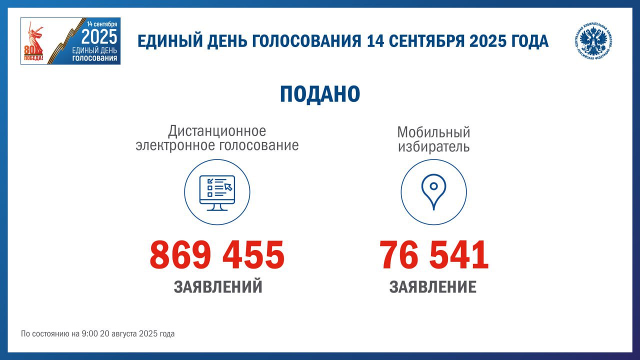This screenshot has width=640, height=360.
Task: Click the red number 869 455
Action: [x=217, y=254]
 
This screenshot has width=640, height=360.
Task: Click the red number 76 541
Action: [x=433, y=254]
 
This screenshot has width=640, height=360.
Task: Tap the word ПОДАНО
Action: [x=320, y=94]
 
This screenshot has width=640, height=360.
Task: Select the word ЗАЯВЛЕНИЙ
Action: [x=218, y=286]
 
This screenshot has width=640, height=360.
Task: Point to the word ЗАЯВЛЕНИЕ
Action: [x=433, y=286]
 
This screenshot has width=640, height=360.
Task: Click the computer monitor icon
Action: [x=217, y=193]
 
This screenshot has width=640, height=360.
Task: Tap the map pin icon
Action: [x=433, y=192]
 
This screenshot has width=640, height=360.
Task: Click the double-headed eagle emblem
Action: [x=593, y=41]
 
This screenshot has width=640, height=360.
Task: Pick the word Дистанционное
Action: [x=217, y=131]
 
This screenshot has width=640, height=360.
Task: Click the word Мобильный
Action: [x=433, y=132]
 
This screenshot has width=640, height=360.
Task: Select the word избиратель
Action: [x=433, y=146]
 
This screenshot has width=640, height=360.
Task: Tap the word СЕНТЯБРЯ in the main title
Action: [x=427, y=41]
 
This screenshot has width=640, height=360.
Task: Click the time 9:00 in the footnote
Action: [x=89, y=333]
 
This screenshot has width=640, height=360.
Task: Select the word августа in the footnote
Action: [x=124, y=334]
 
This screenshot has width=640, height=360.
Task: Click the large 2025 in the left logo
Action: [x=99, y=37]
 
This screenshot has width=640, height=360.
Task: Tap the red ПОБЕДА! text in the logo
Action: [x=33, y=58]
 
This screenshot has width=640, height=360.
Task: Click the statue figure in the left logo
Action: [x=35, y=38]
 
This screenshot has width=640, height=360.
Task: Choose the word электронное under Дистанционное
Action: [x=176, y=145]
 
